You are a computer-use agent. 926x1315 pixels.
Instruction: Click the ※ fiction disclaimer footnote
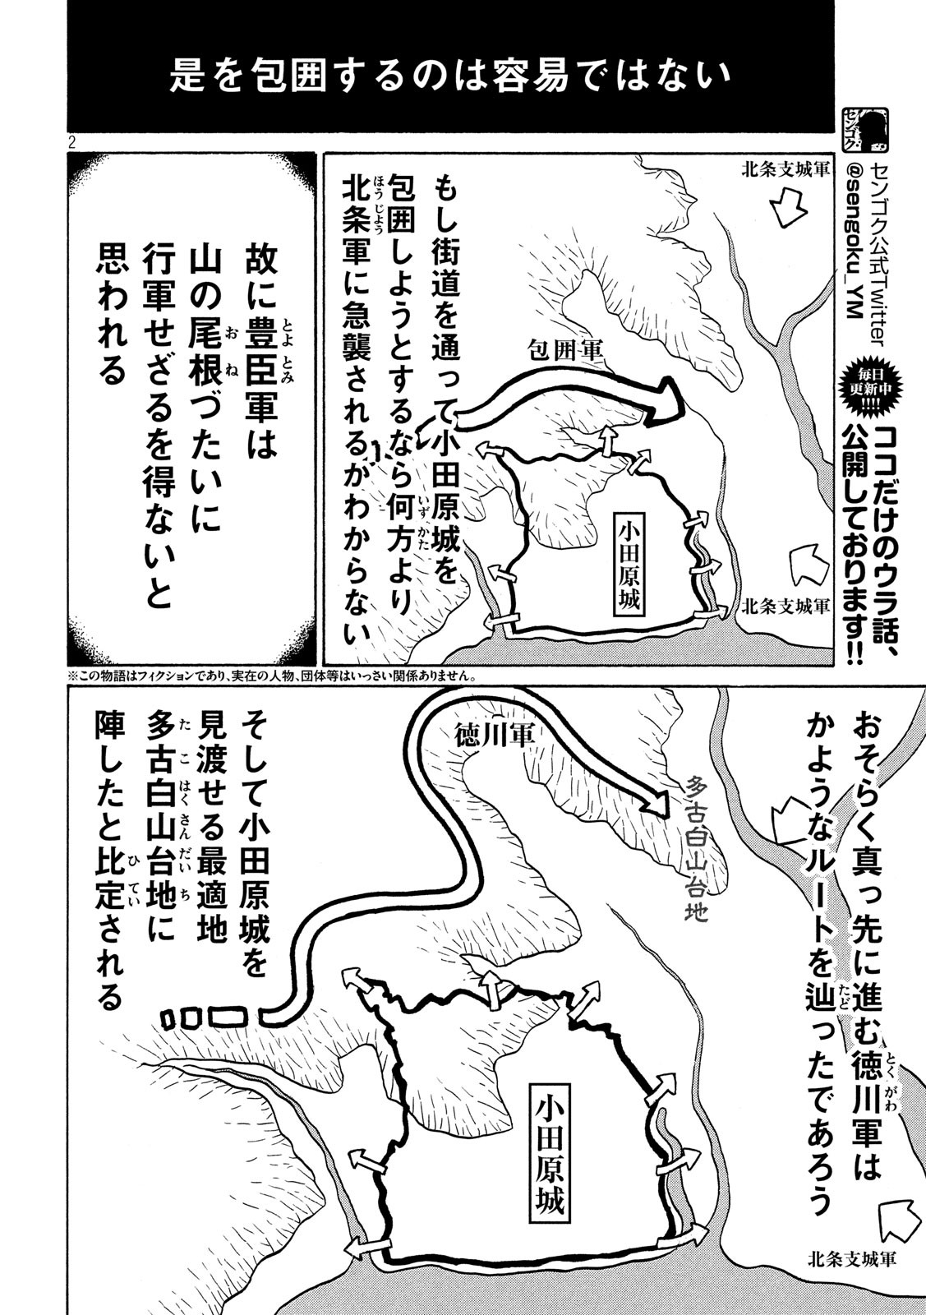(x=274, y=676)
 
